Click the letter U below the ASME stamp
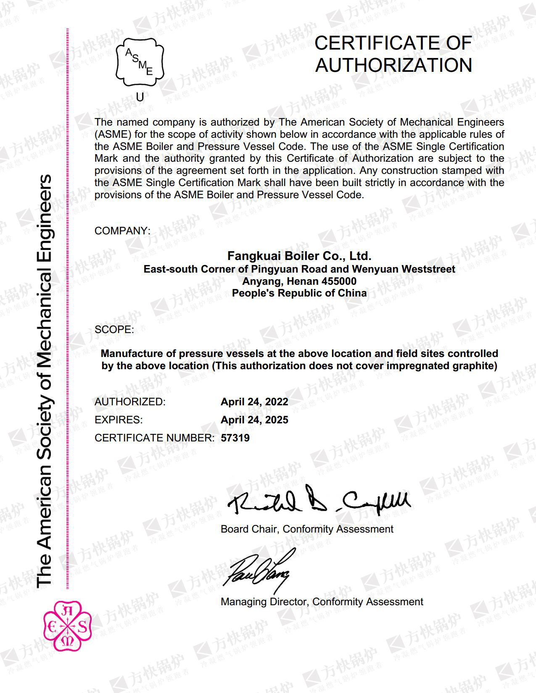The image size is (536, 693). tap(140, 97)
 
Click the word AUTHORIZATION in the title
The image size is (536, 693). tap(393, 66)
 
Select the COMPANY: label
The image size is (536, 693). tap(122, 231)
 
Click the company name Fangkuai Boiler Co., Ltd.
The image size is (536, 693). tap(299, 256)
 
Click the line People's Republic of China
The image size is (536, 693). tap(299, 293)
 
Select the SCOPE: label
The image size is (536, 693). tap(114, 330)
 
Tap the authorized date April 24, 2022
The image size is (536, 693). tap(254, 402)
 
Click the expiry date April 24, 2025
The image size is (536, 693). tap(254, 420)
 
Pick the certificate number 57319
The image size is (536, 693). tap(235, 438)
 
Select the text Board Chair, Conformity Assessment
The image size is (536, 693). tap(307, 529)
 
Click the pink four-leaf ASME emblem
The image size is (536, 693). tap(67, 626)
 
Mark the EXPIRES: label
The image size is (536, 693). tap(119, 420)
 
